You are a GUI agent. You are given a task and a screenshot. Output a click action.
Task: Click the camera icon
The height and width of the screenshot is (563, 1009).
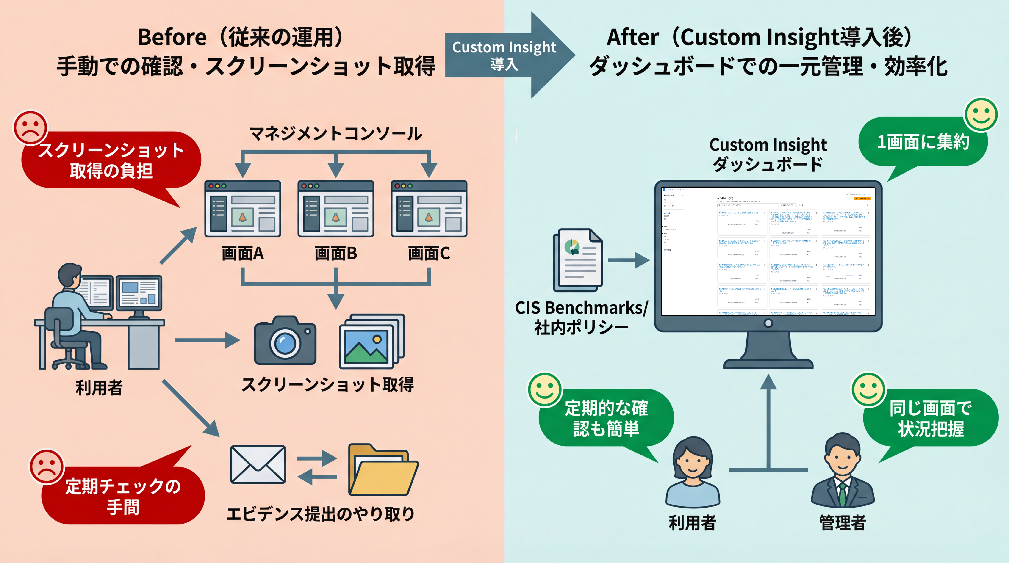point(285,341)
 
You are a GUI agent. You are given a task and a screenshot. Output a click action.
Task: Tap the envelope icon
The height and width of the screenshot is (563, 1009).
point(258,464)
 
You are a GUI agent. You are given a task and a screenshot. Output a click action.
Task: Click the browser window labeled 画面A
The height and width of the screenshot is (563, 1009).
point(243,209)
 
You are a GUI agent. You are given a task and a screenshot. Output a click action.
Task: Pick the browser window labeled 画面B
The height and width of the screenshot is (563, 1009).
point(336,209)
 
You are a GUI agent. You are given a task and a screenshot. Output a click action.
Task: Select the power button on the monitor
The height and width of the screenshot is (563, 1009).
point(768,323)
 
